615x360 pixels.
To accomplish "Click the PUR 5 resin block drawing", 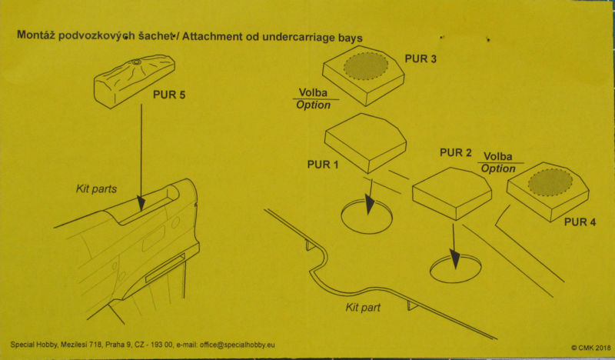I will [128, 78].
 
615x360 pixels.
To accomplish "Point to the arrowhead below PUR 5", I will [141, 203].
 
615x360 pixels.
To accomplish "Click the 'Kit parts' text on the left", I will [97, 188].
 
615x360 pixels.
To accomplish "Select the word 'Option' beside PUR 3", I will [313, 105].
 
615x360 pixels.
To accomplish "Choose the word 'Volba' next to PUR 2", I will [498, 157].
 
